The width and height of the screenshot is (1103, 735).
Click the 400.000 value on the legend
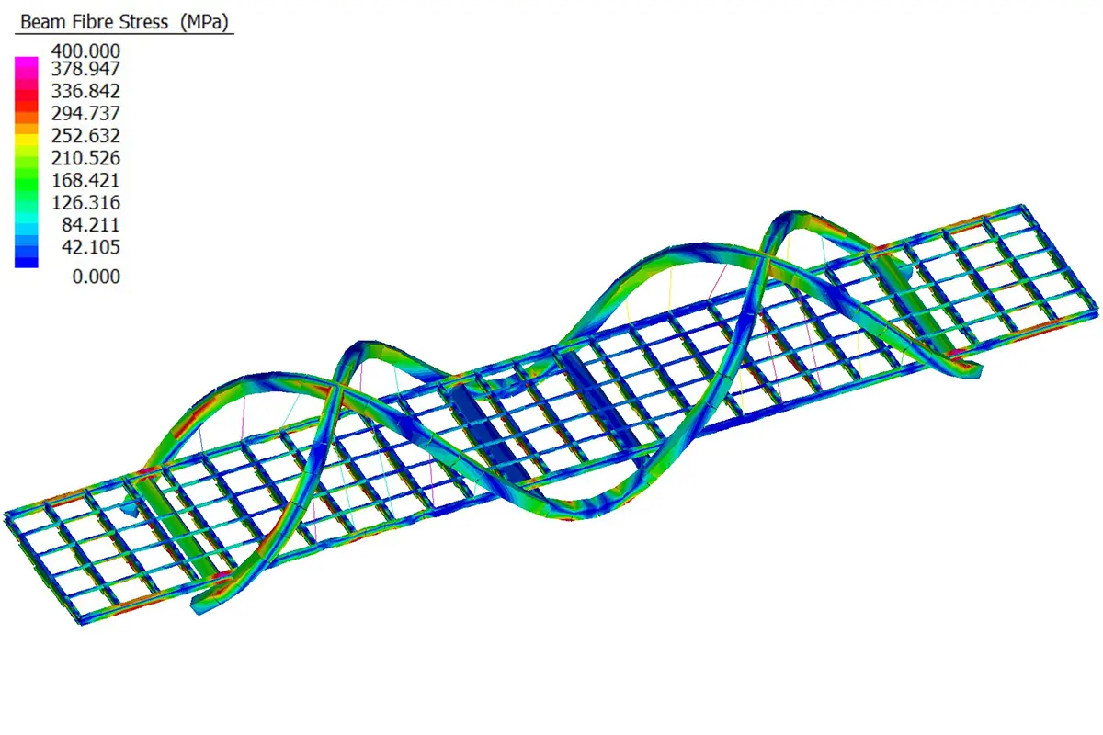coord(85,51)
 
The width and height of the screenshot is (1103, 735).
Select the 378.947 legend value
coord(85,68)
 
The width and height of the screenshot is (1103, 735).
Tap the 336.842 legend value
coord(85,91)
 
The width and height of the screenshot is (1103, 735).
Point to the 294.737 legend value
coord(85,113)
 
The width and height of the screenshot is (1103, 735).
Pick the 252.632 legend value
coord(85,135)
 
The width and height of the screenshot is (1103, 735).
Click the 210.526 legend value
coord(85,158)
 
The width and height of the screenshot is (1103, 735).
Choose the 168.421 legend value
coord(85,180)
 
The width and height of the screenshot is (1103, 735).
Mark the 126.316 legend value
coord(85,202)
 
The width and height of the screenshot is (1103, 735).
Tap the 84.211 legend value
coord(91,225)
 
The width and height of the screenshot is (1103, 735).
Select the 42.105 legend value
coord(91,247)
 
